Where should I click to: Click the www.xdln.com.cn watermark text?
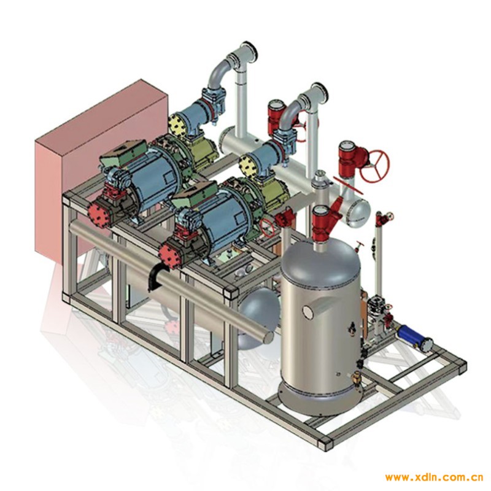[x=435, y=477]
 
